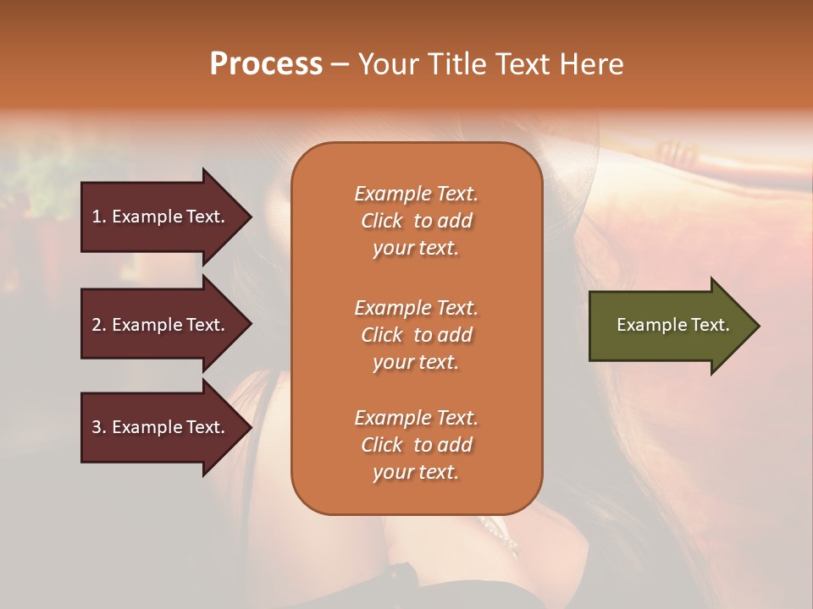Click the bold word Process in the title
[x=266, y=64]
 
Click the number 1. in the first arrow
[x=99, y=217]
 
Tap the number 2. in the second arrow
[x=99, y=325]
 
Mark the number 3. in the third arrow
[x=99, y=427]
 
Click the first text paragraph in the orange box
[x=416, y=221]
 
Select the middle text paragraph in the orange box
[x=416, y=335]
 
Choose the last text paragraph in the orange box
[x=416, y=445]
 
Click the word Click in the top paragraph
[x=381, y=221]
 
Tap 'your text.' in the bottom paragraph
[x=416, y=473]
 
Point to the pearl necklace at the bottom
[x=500, y=533]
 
